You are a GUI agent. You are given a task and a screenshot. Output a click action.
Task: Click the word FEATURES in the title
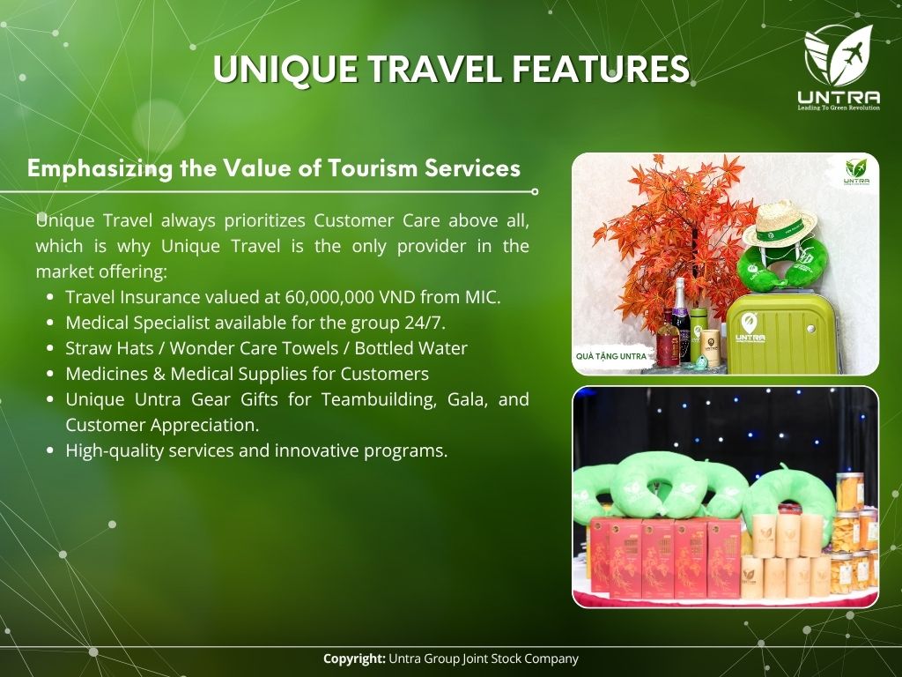click(x=601, y=69)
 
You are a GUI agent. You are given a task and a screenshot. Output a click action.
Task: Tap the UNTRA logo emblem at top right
click(x=839, y=56)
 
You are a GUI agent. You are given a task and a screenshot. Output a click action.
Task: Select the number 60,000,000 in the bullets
click(x=329, y=297)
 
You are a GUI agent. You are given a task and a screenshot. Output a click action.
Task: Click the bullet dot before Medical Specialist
click(x=50, y=323)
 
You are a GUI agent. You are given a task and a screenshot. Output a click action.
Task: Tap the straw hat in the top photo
click(x=780, y=223)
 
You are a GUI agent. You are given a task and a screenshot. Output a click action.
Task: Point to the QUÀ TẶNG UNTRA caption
click(x=611, y=356)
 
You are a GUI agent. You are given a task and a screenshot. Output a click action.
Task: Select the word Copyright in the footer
click(x=354, y=658)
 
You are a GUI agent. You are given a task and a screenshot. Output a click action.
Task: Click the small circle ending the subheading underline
click(x=535, y=191)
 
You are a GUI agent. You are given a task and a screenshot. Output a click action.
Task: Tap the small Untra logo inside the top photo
click(x=856, y=172)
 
